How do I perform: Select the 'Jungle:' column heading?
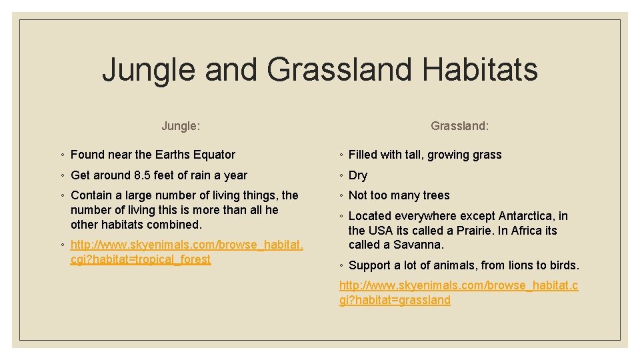tap(181, 125)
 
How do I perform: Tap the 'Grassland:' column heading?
tap(459, 125)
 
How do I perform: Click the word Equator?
tap(214, 155)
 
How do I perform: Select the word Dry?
tap(358, 175)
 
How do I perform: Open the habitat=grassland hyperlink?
tap(395, 300)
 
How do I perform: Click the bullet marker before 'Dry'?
tap(341, 176)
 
